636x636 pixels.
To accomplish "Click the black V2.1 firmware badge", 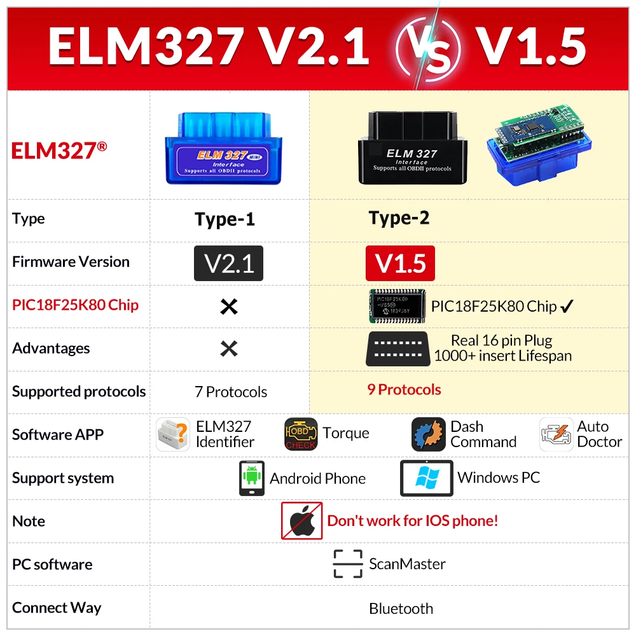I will pos(228,263).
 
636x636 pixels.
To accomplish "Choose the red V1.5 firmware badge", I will pos(400,263).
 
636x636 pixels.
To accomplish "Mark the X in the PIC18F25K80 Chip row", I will pos(228,307).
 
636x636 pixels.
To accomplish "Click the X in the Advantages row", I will pos(228,349).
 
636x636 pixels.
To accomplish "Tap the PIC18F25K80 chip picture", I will pos(396,305).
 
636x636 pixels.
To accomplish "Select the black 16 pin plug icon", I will pos(397,349).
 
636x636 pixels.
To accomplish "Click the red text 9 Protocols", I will pos(404,389).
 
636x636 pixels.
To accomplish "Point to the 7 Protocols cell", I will pos(231,392).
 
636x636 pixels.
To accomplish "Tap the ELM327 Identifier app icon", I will pos(173,434).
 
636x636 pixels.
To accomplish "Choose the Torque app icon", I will pos(301,434).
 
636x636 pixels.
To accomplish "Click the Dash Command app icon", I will pos(428,434).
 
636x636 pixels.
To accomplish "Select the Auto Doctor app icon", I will pos(556,434).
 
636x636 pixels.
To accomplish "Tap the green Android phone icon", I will pos(252,478).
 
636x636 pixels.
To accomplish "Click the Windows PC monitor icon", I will pos(426,478).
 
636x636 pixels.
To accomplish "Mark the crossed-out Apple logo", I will pos(302,520).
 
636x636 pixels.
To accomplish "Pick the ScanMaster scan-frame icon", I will pos(348,564).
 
